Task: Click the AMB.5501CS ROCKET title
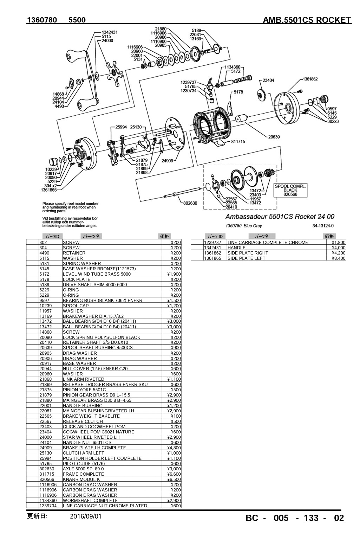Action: click(x=307, y=20)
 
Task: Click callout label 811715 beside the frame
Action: click(x=238, y=142)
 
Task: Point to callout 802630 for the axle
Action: click(x=190, y=203)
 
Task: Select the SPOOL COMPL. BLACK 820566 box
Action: click(x=290, y=190)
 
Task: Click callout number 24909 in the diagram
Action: click(x=168, y=161)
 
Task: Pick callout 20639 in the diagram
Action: click(x=274, y=137)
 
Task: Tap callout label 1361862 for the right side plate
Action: click(x=310, y=79)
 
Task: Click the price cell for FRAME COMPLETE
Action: click(x=172, y=474)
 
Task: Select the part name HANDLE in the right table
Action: click(x=236, y=247)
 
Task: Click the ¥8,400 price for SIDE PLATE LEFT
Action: click(x=339, y=258)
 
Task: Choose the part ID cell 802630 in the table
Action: click(x=47, y=469)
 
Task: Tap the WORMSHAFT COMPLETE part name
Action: click(x=90, y=500)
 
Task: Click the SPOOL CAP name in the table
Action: click(x=76, y=305)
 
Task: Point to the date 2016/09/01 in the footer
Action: click(x=86, y=516)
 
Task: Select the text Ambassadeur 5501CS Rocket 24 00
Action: click(x=280, y=217)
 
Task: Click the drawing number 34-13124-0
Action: click(x=323, y=226)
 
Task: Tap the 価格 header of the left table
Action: click(x=164, y=236)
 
